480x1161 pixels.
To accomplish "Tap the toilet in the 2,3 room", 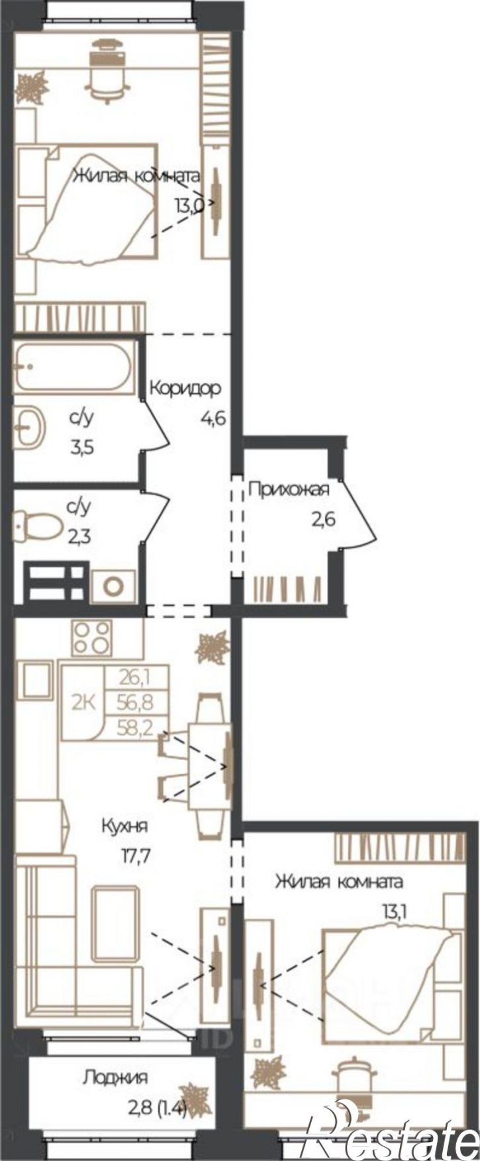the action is click(x=31, y=524).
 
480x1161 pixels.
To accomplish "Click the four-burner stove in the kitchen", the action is click(x=92, y=637).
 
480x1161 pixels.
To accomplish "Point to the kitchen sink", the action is click(x=38, y=680).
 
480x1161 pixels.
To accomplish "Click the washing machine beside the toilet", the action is click(x=114, y=585).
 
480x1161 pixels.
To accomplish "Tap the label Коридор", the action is click(x=184, y=388).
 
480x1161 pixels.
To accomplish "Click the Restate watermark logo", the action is click(x=391, y=1137).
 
